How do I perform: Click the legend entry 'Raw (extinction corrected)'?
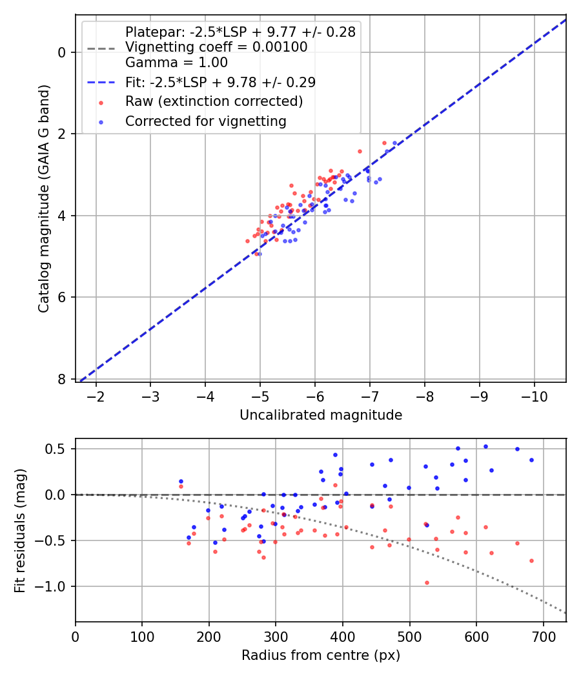[x=214, y=101]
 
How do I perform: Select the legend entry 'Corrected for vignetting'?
[x=205, y=121]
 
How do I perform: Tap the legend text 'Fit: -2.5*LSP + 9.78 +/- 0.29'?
[x=220, y=82]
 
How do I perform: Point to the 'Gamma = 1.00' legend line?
[x=176, y=63]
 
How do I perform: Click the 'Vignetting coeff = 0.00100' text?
[x=216, y=47]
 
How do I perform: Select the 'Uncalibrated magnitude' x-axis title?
[x=321, y=415]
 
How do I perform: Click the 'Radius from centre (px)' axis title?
[x=321, y=655]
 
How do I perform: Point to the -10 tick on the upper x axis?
[x=534, y=395]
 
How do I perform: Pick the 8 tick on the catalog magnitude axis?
[x=63, y=379]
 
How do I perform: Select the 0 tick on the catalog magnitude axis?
[x=63, y=52]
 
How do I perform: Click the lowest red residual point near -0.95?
[x=427, y=582]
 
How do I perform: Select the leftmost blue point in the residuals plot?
[x=181, y=481]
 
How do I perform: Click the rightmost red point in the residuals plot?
[x=531, y=560]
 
